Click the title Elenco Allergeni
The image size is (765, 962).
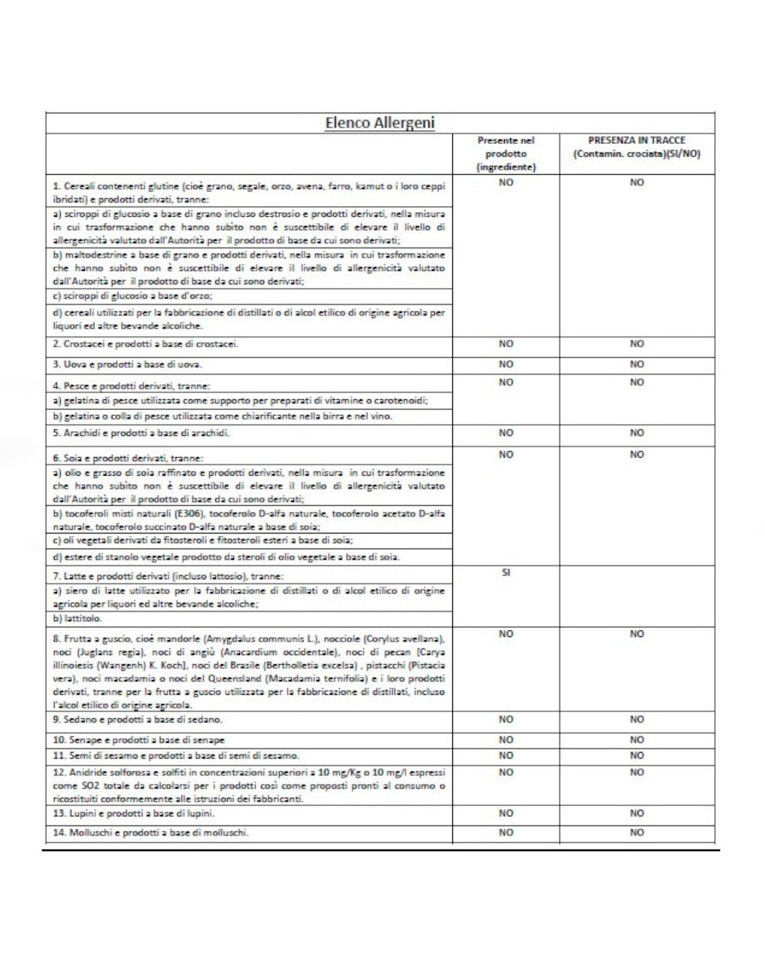379,123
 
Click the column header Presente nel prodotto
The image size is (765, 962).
505,154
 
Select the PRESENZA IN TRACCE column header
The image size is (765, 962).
636,147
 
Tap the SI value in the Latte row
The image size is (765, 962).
505,573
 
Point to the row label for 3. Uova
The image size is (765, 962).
127,365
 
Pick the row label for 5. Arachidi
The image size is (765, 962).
141,433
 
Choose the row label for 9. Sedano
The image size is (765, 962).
137,720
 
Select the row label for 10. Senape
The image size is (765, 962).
139,740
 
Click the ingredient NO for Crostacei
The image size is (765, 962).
505,344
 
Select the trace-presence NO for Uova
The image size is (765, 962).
637,365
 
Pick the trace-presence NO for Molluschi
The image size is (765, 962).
637,832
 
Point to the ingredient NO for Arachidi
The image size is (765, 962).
505,433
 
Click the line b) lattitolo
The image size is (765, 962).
77,619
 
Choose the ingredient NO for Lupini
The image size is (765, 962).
505,813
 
